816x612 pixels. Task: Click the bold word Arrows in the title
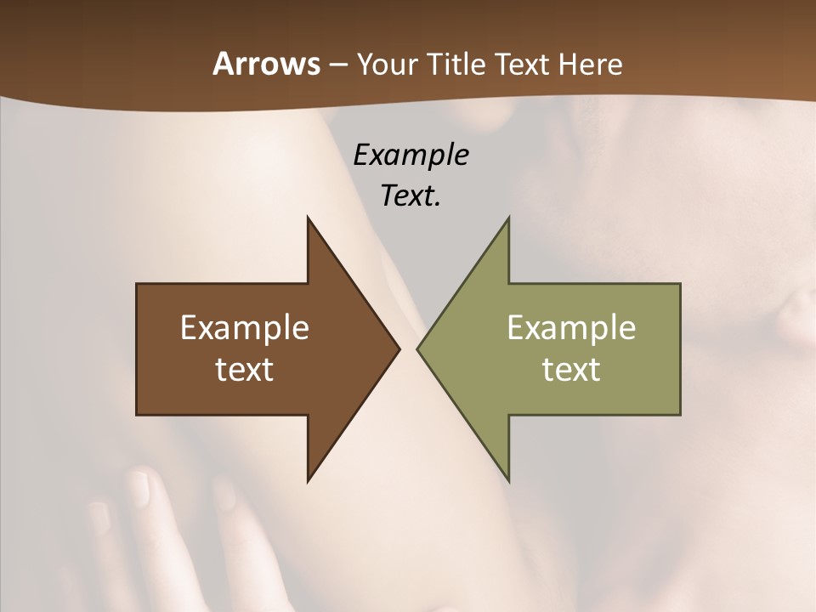click(265, 64)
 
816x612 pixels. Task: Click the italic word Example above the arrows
click(411, 156)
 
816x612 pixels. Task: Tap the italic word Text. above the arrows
click(411, 196)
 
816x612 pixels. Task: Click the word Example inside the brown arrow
click(244, 328)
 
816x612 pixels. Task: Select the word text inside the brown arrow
click(244, 370)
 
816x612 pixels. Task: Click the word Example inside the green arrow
click(571, 328)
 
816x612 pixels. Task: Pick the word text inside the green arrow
click(571, 370)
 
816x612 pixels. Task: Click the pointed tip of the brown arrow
click(399, 348)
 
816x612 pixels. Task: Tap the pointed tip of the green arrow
click(417, 348)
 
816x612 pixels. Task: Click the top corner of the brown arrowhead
click(308, 218)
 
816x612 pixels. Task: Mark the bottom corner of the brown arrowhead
click(308, 481)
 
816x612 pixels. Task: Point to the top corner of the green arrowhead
click(508, 218)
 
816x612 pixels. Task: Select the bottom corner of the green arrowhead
click(508, 481)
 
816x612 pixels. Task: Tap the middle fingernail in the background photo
click(138, 490)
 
